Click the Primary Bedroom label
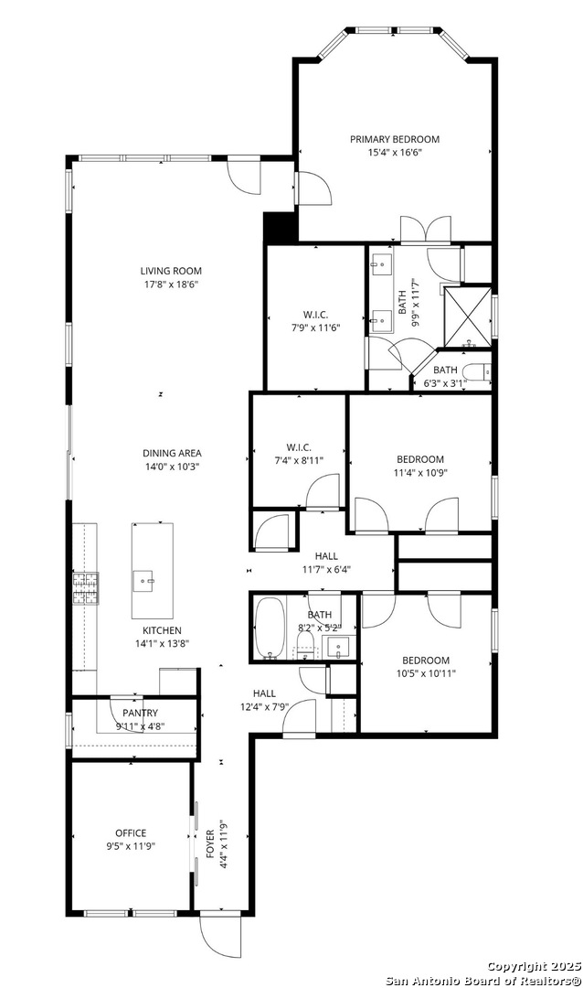(395, 139)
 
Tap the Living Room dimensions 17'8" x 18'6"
(171, 285)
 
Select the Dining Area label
(172, 453)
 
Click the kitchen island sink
(145, 580)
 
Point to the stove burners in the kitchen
(86, 588)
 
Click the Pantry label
(140, 714)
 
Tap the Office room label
(131, 833)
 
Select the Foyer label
(209, 843)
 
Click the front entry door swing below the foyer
(221, 936)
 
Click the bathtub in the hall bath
(269, 628)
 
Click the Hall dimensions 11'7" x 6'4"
(327, 569)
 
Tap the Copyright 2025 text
(534, 966)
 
